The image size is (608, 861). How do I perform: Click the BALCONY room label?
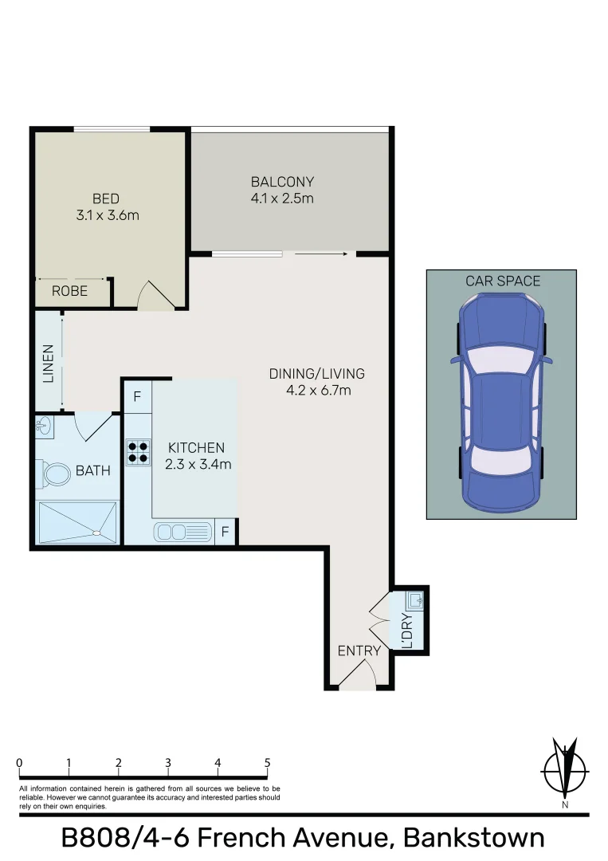pos(282,182)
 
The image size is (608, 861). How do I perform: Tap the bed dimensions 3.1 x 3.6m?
pos(106,214)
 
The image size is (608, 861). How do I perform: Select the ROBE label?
pos(69,292)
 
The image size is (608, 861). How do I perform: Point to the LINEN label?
pos(49,363)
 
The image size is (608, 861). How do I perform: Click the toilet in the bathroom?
pos(57,475)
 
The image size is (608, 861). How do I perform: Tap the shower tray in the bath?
pos(77,521)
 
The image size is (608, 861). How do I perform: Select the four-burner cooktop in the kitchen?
pos(137,452)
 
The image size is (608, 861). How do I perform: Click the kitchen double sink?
pos(182,530)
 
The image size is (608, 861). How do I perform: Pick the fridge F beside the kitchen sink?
pos(226,530)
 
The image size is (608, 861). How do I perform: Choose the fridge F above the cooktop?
pos(137,396)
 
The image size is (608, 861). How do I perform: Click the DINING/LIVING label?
pos(316,374)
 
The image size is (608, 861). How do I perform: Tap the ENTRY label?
pos(359,651)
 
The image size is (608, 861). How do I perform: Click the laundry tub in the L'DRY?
pos(416,598)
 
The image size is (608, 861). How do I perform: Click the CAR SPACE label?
pos(503,281)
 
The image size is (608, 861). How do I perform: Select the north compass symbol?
pos(565,770)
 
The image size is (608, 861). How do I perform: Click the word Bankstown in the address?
pos(474,839)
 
